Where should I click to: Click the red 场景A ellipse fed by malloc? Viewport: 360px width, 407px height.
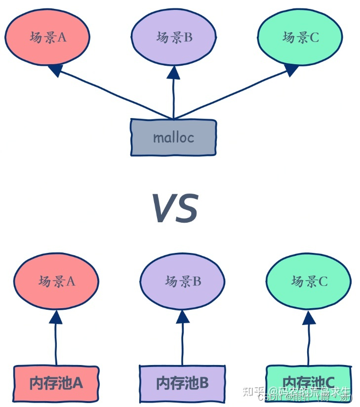click(x=47, y=38)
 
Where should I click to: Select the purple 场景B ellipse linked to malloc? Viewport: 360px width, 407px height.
click(x=173, y=38)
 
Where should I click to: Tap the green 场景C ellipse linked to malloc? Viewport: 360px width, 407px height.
click(x=300, y=38)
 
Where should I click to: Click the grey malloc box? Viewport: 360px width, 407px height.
click(x=173, y=137)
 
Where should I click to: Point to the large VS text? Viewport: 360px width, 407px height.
click(x=175, y=208)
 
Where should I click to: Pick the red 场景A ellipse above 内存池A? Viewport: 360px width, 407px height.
click(x=56, y=281)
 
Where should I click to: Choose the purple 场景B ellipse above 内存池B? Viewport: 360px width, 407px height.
click(x=183, y=281)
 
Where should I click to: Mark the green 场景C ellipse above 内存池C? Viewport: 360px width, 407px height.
click(x=309, y=281)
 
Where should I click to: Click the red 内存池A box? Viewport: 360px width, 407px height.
click(x=56, y=383)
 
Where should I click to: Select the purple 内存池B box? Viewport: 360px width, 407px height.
click(x=182, y=383)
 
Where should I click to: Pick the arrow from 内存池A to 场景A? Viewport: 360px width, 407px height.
click(x=56, y=341)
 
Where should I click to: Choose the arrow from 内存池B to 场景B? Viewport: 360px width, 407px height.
click(x=183, y=341)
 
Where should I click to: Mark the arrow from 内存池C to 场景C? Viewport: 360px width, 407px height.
click(x=309, y=341)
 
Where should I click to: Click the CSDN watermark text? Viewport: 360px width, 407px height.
click(x=269, y=398)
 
